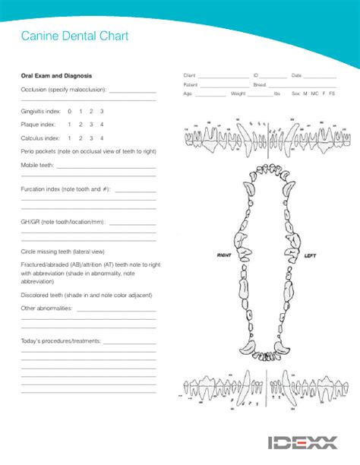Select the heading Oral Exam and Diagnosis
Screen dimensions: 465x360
click(x=56, y=76)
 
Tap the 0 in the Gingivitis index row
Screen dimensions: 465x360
click(x=69, y=111)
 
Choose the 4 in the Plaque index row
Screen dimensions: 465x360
click(x=102, y=125)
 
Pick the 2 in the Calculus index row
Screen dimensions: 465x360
click(x=80, y=138)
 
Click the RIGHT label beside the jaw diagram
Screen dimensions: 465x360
click(x=223, y=255)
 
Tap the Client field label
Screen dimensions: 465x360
click(x=190, y=76)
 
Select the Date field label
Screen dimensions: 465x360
click(x=296, y=76)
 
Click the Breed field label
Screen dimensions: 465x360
click(x=260, y=85)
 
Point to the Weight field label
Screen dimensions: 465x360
click(x=238, y=93)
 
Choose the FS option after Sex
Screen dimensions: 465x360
click(x=332, y=93)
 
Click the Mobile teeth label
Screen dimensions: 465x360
click(x=37, y=164)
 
